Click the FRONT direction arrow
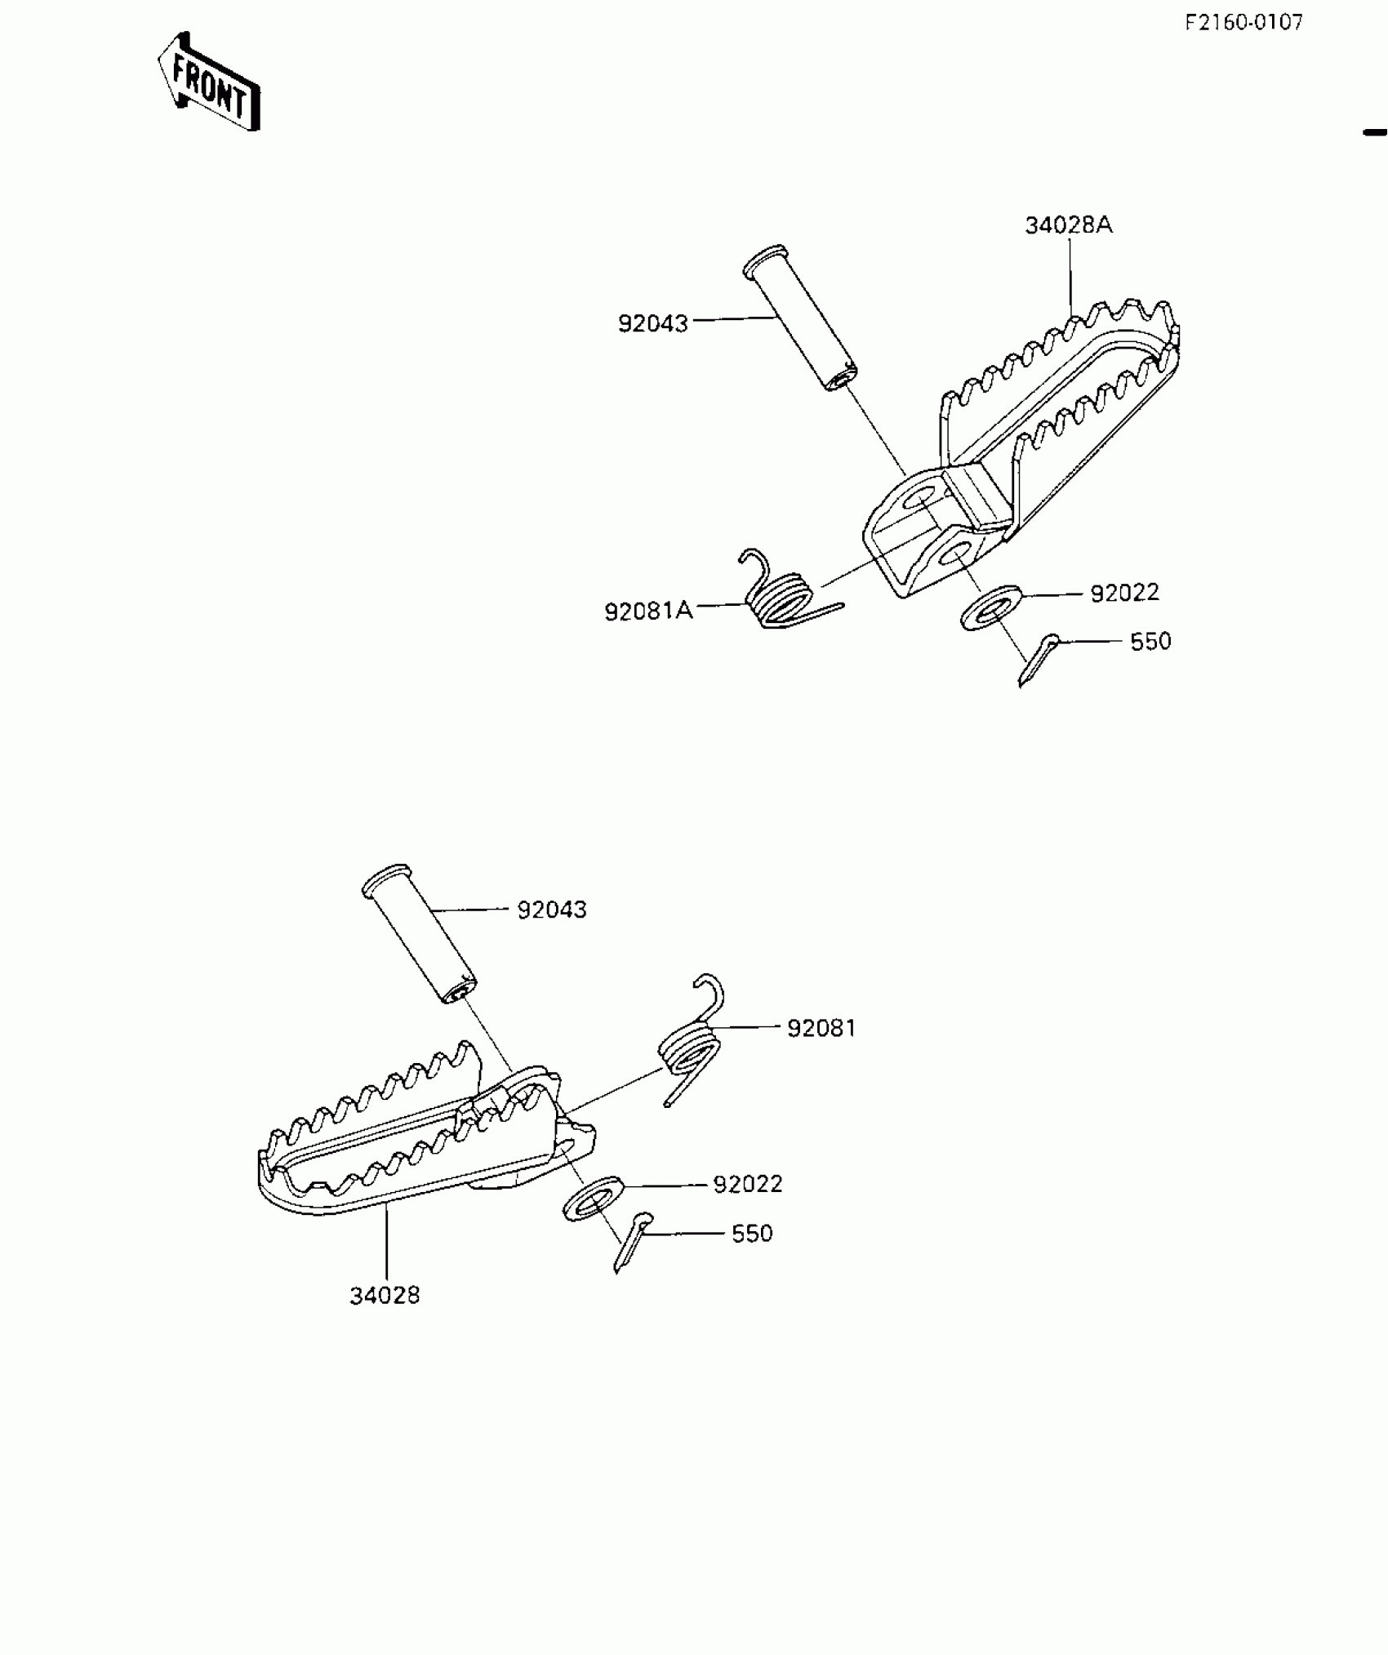pos(209,82)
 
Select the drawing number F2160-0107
pos(1244,23)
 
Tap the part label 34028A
pos(1069,225)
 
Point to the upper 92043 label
pos(653,324)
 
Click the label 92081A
pos(648,611)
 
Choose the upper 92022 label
pos(1124,593)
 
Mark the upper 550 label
pos(1150,642)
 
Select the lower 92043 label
pos(552,910)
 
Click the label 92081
pos(821,1028)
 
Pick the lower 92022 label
pos(748,1184)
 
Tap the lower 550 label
pos(752,1233)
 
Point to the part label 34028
pos(385,1295)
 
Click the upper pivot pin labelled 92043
pos(800,318)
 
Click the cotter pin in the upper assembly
pos(1038,660)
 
